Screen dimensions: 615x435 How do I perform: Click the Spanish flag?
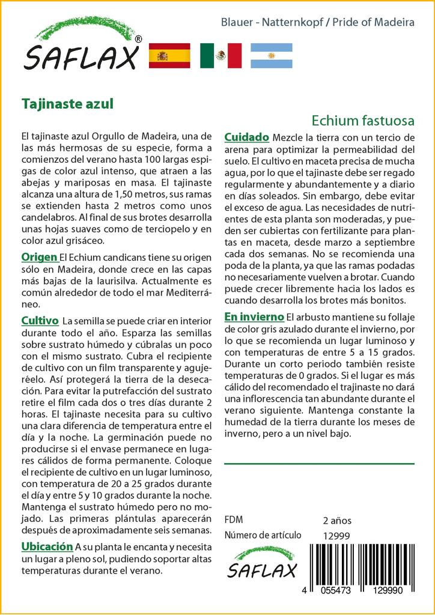[169, 55]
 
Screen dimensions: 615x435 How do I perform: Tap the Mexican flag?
[221, 55]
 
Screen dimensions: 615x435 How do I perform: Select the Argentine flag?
[271, 55]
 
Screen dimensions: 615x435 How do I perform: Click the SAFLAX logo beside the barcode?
[262, 563]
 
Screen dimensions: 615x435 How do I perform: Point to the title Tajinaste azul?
[67, 103]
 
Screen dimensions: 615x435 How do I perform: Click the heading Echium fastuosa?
[363, 120]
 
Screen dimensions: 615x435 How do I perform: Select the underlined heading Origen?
[39, 257]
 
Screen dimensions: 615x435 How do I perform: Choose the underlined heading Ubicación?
[47, 547]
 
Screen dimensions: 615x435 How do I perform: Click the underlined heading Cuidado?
[246, 137]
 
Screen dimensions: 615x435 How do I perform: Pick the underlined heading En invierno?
[254, 317]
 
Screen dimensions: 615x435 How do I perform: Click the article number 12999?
[336, 536]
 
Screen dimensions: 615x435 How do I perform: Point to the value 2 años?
[337, 520]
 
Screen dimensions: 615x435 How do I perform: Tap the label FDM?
[234, 520]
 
